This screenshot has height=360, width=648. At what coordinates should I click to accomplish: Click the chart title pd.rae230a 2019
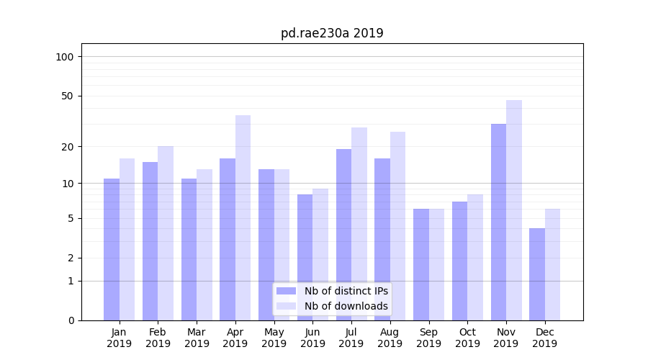tap(332, 33)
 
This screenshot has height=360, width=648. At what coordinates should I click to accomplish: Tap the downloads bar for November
tap(514, 210)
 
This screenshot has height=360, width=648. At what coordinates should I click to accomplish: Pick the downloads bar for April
tap(243, 217)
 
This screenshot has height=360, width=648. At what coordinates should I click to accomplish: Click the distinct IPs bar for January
tap(112, 249)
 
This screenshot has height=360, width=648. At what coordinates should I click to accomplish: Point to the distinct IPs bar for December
tap(537, 274)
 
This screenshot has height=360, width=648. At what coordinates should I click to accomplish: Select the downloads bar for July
tap(359, 224)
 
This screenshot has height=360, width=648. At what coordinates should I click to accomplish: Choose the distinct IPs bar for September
tap(421, 264)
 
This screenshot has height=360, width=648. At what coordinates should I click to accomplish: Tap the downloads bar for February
tap(166, 233)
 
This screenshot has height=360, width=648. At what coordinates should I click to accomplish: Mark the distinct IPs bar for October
tap(460, 261)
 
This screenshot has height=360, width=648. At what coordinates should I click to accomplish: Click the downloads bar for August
tap(398, 226)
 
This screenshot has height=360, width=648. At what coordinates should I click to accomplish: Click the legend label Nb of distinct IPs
tap(346, 291)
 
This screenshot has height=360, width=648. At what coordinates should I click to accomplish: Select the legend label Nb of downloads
tap(346, 306)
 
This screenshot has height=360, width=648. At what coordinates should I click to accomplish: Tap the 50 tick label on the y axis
tap(68, 96)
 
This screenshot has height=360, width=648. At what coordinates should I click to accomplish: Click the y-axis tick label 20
tap(68, 147)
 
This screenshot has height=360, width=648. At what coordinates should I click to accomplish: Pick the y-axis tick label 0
tap(71, 320)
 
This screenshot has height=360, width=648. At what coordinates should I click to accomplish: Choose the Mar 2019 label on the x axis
tap(197, 338)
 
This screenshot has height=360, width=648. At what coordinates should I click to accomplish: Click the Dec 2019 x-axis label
tap(545, 338)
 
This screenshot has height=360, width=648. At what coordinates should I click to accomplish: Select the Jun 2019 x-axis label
tap(312, 338)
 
